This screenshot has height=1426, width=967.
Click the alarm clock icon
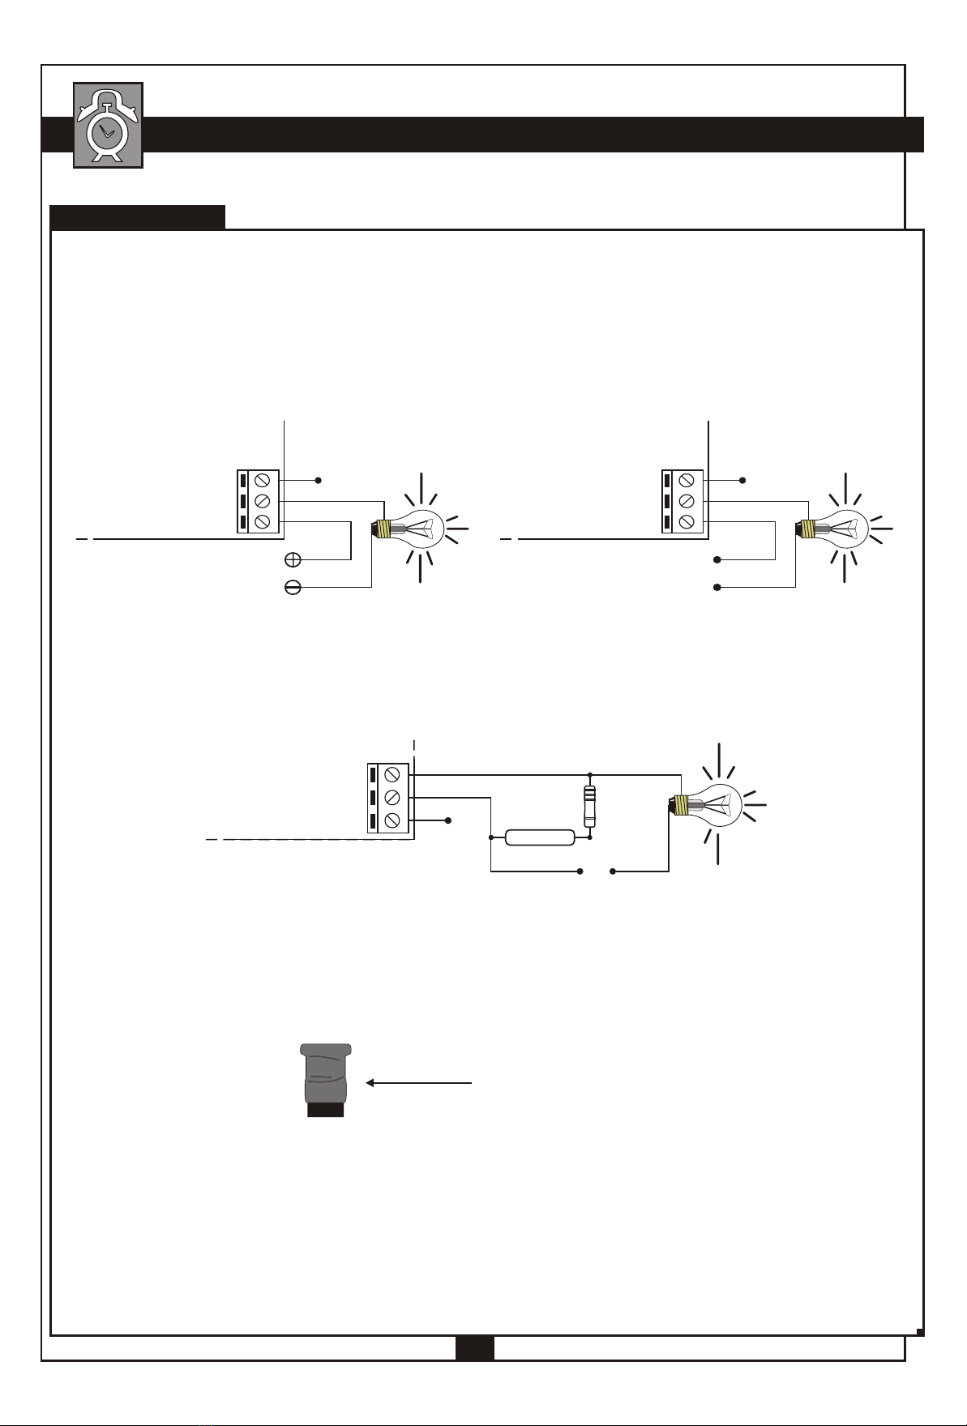click(x=108, y=125)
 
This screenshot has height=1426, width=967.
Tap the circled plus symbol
click(x=293, y=560)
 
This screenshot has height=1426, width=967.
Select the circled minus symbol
click(x=293, y=588)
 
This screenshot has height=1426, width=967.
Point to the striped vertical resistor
click(x=590, y=805)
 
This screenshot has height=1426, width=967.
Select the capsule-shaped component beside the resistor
click(x=540, y=837)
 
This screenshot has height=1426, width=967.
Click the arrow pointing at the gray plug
click(x=418, y=1082)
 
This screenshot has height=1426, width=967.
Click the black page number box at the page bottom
click(x=474, y=1347)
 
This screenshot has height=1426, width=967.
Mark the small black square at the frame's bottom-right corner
click(x=921, y=1331)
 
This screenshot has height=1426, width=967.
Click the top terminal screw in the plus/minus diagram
click(x=263, y=480)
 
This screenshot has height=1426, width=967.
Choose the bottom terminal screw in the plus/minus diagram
click(x=263, y=522)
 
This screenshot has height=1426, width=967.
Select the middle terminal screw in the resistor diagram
click(x=393, y=798)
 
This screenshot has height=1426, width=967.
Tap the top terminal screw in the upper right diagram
click(x=687, y=480)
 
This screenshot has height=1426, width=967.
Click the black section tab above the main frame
click(x=137, y=217)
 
